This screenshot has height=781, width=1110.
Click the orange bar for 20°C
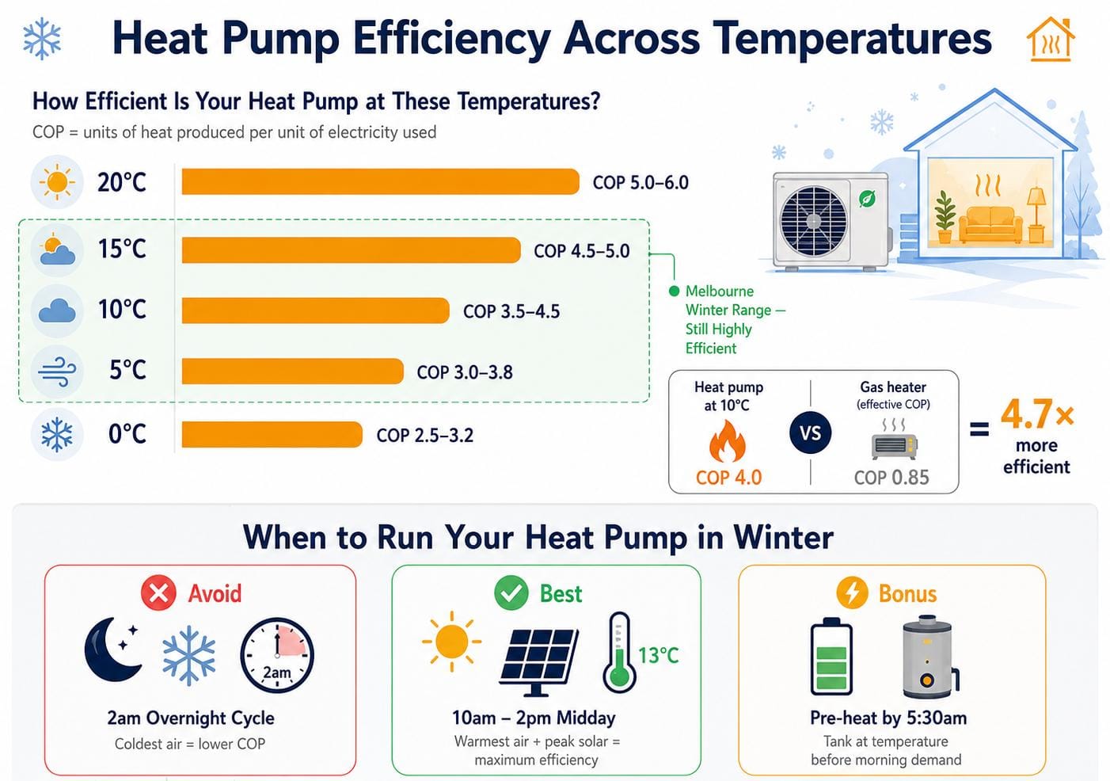click(x=380, y=181)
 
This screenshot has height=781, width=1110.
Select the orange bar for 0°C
click(x=272, y=434)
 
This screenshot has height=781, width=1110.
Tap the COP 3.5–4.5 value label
click(x=511, y=311)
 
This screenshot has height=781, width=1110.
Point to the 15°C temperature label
click(x=122, y=249)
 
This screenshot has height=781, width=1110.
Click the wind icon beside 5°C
click(x=57, y=371)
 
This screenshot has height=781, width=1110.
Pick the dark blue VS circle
click(x=810, y=433)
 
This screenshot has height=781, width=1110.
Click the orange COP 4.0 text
click(x=728, y=477)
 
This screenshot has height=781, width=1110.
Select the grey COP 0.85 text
click(x=891, y=477)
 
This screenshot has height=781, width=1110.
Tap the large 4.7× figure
click(x=1037, y=414)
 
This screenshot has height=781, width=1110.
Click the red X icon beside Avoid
click(x=158, y=592)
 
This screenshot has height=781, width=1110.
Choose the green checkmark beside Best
click(x=511, y=592)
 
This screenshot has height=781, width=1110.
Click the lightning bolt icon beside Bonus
click(x=852, y=592)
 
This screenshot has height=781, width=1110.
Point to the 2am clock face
click(x=277, y=655)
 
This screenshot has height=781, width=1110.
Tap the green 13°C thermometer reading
click(x=658, y=656)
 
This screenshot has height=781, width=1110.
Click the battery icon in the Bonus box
click(x=831, y=656)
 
